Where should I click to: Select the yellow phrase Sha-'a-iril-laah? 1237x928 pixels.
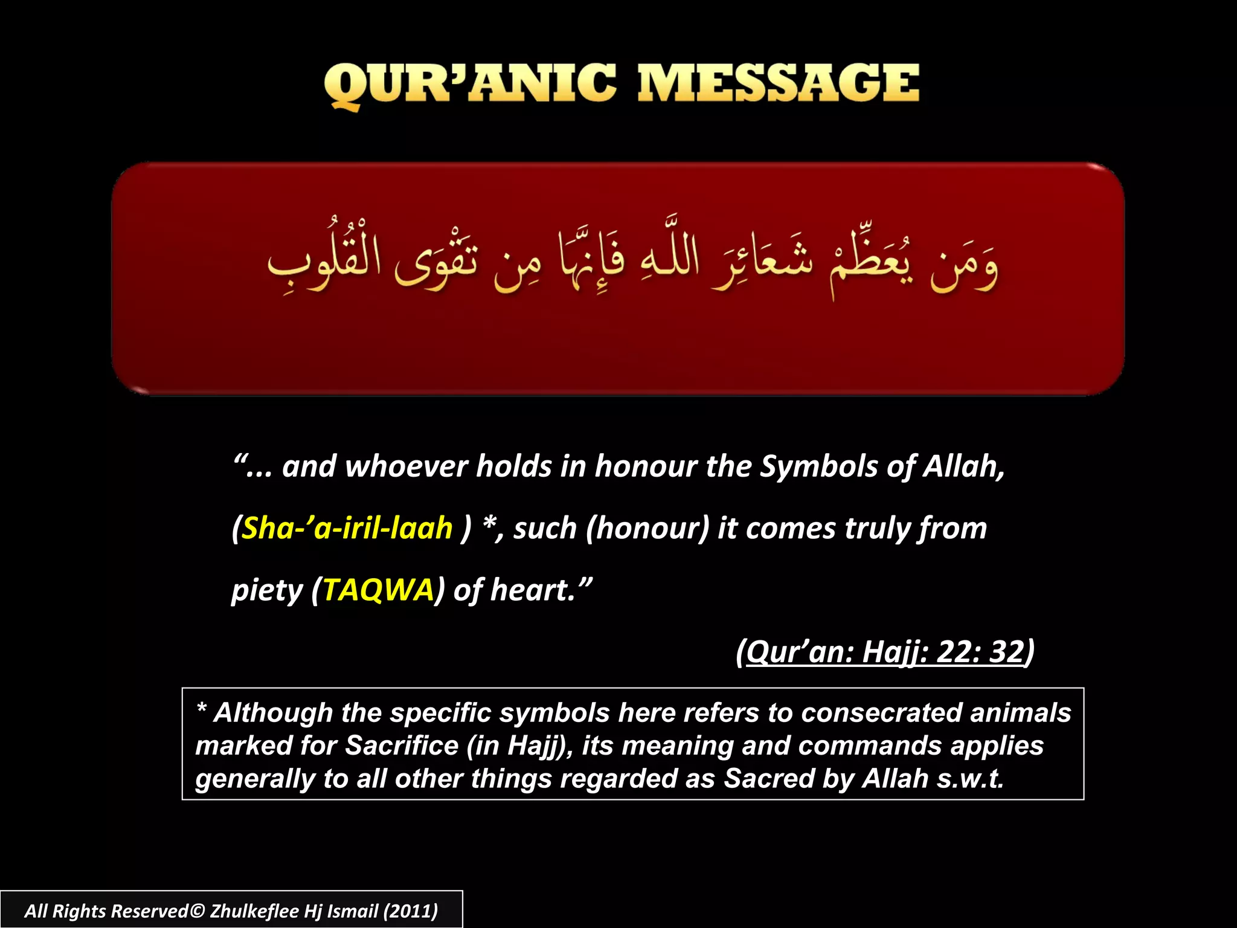coord(347,528)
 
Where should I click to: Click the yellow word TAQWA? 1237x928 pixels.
coord(378,590)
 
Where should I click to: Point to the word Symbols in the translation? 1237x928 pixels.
coord(818,466)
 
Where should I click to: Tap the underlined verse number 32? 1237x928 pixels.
coord(1007,651)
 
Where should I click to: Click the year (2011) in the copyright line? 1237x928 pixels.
coord(410,910)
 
